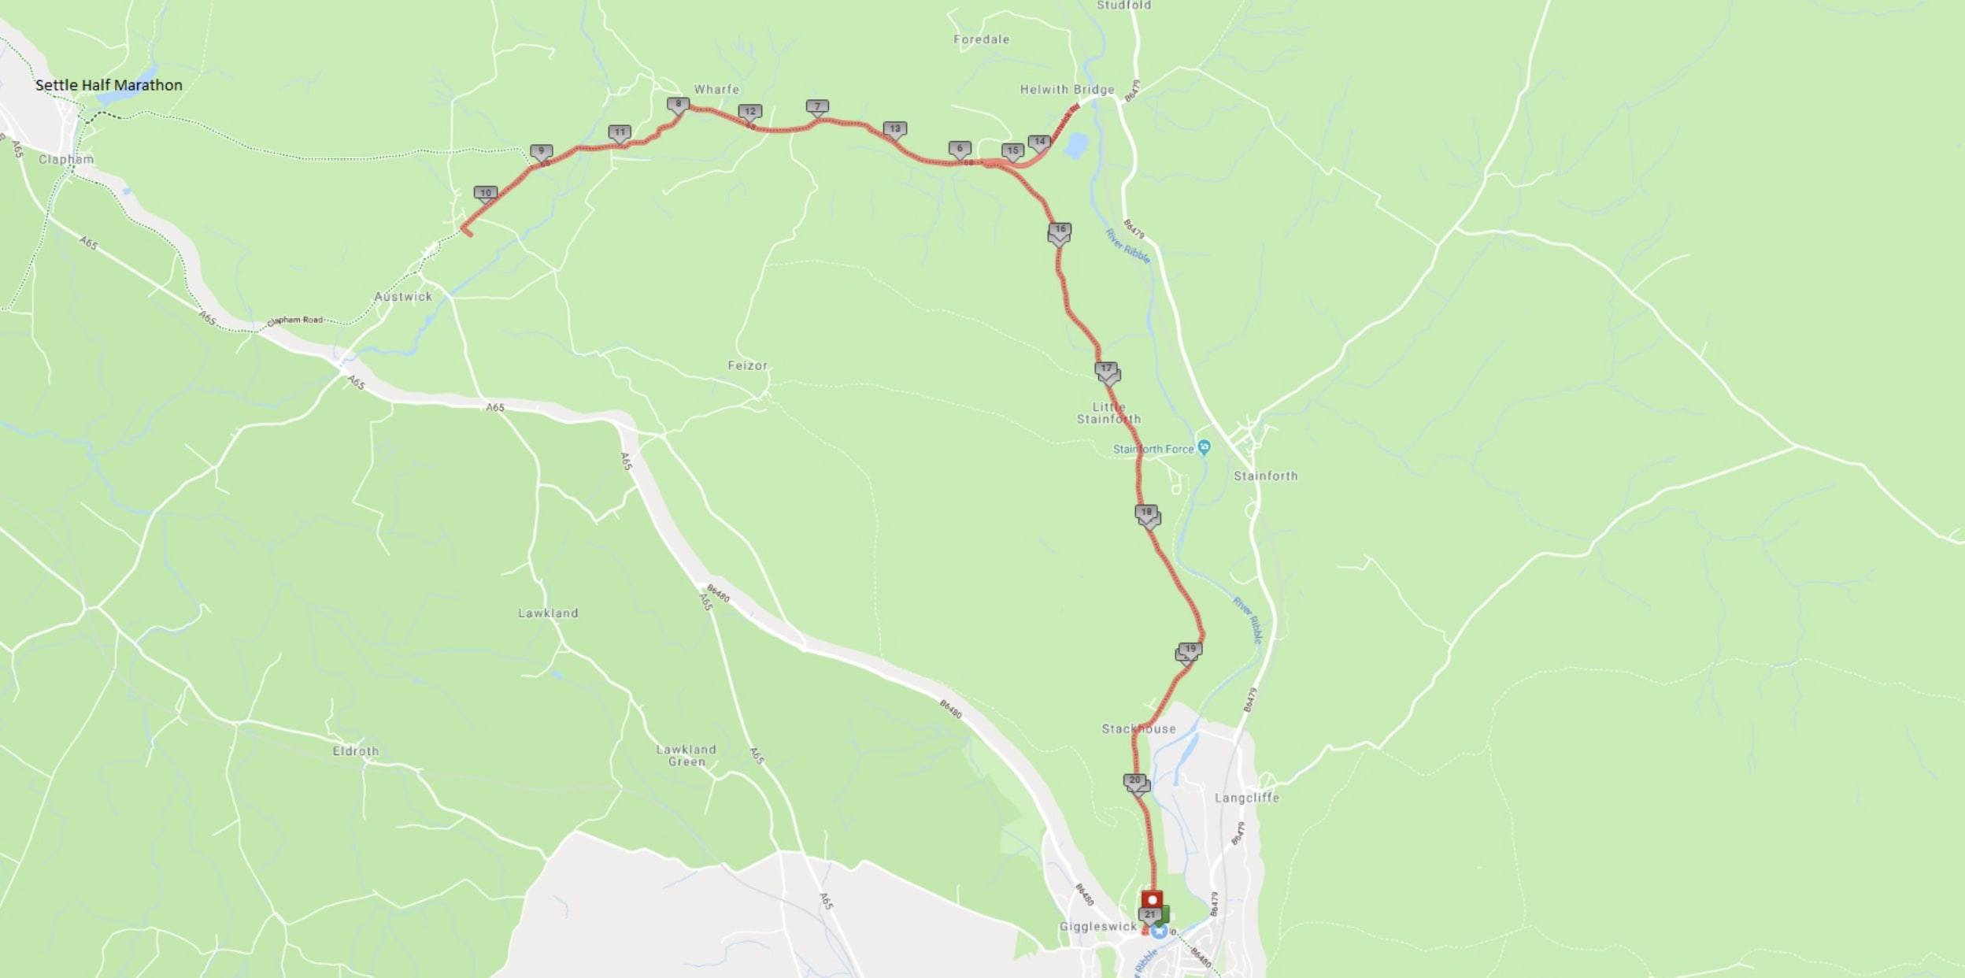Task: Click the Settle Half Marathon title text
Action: point(109,85)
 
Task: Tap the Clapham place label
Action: point(66,159)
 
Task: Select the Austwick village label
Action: point(403,297)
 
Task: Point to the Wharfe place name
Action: point(716,90)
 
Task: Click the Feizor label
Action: point(747,365)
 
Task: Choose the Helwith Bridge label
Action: point(1067,90)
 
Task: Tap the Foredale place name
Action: point(981,39)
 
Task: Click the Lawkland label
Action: point(548,613)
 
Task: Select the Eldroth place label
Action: point(355,751)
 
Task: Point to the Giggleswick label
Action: point(1097,927)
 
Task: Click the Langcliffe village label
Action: point(1246,798)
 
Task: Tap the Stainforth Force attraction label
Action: point(1154,449)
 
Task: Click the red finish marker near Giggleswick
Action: point(1152,899)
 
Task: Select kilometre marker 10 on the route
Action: point(485,193)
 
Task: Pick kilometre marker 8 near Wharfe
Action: point(678,104)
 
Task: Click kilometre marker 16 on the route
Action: point(1060,230)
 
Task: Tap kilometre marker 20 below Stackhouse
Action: point(1134,780)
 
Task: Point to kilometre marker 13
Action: point(894,129)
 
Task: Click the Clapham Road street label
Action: point(295,320)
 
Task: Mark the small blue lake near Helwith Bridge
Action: point(1075,145)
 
